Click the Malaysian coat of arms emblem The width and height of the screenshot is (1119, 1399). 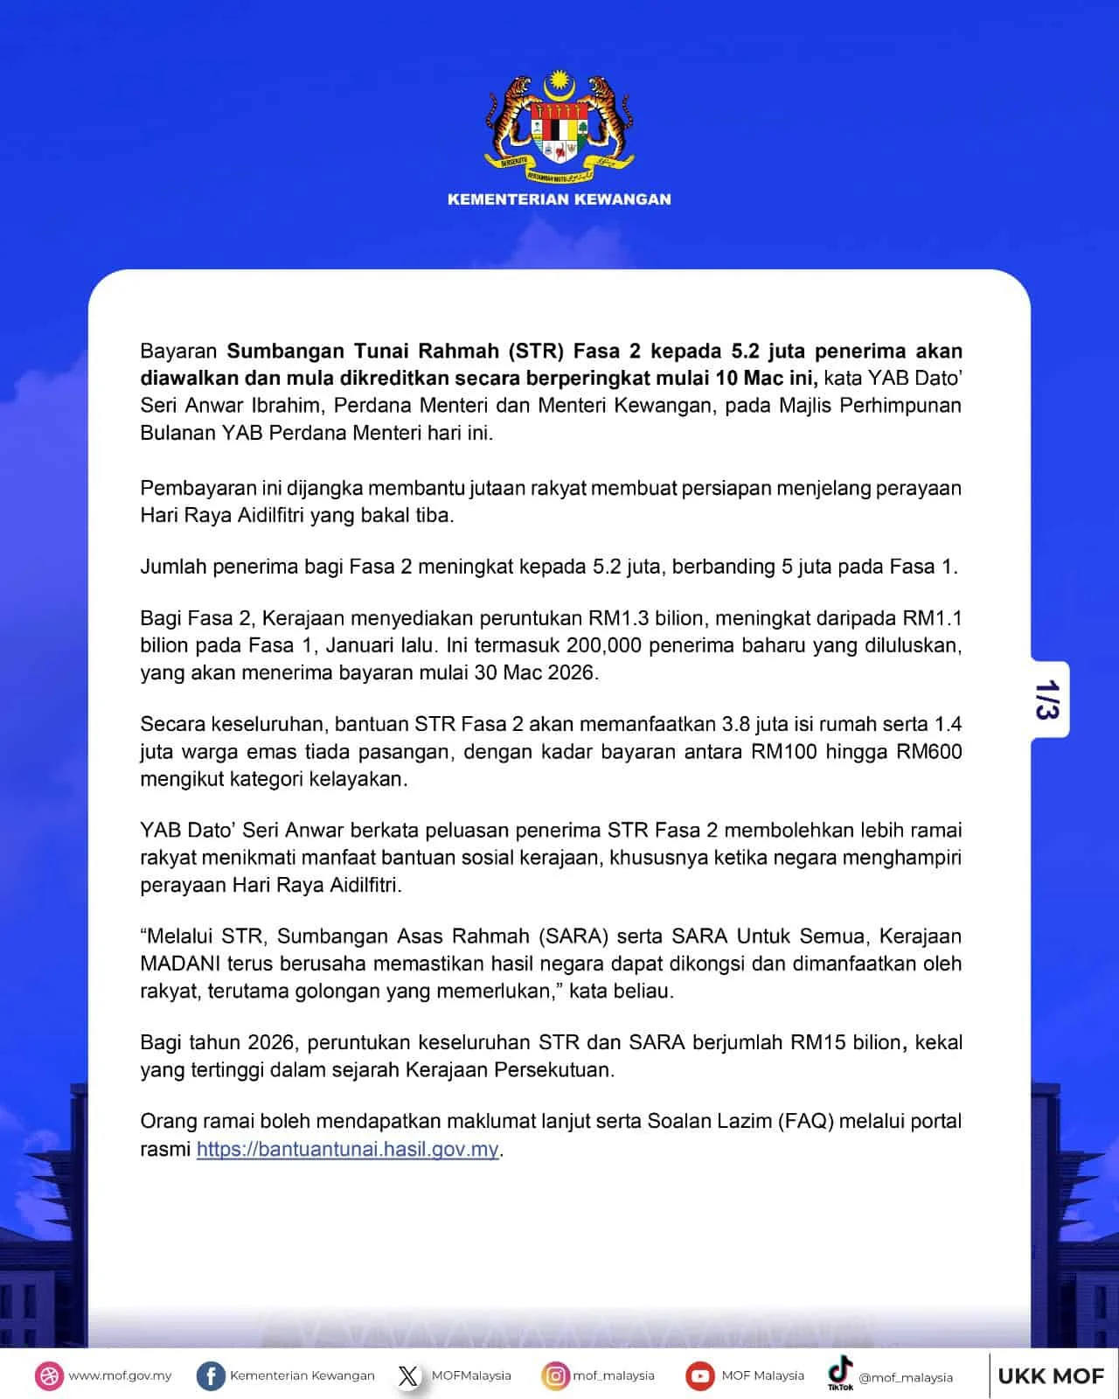click(559, 122)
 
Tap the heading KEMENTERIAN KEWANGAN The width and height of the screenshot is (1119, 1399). click(559, 199)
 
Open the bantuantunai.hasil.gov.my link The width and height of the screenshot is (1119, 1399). click(347, 1149)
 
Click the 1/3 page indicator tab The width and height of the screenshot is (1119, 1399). click(1048, 699)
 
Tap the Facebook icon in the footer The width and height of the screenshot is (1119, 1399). click(210, 1375)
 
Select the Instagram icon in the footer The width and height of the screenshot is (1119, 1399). click(555, 1375)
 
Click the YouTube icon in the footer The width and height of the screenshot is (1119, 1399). click(699, 1375)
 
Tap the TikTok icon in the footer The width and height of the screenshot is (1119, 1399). click(840, 1372)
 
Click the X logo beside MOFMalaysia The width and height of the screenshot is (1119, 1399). click(408, 1375)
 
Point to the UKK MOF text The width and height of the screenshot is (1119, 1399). click(1051, 1376)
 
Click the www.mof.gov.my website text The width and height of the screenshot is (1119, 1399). click(120, 1375)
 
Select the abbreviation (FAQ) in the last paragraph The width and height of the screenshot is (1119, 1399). click(804, 1121)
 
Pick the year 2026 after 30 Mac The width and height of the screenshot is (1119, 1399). click(570, 672)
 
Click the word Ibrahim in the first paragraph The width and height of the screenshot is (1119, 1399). click(287, 406)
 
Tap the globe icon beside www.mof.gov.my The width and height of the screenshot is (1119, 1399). click(50, 1375)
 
